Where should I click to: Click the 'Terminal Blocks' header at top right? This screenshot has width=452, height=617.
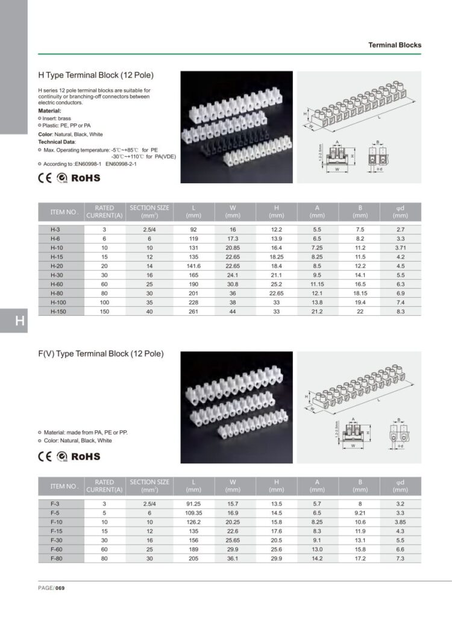pos(395,45)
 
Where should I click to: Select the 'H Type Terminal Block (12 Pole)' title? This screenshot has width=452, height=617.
pos(96,75)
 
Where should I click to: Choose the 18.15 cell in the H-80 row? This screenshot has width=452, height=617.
pos(360,293)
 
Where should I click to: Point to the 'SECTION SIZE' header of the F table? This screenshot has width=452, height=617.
pos(149,482)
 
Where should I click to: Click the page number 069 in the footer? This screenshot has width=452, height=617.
pos(60,589)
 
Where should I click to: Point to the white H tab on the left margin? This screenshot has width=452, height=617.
pos(20,321)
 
